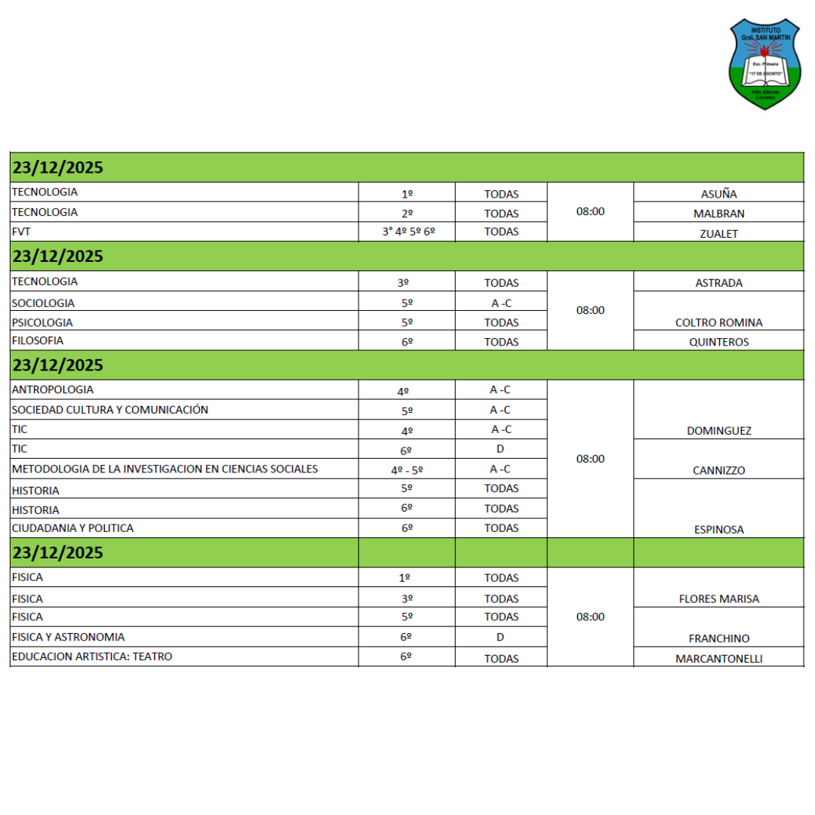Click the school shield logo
764,64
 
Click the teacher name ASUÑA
718,194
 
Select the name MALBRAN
718,214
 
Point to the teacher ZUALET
718,234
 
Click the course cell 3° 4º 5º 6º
407,232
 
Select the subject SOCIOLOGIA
43,303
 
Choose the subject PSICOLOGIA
42,322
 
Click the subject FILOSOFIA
38,340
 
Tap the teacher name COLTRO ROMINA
718,323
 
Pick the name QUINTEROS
718,342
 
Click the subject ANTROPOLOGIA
53,390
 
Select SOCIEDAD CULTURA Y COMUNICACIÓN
110,410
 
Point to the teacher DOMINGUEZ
718,431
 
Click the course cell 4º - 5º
407,469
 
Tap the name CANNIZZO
718,471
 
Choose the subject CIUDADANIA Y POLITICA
72,528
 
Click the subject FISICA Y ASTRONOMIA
68,637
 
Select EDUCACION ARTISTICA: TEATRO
92,657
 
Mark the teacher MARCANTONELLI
718,659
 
